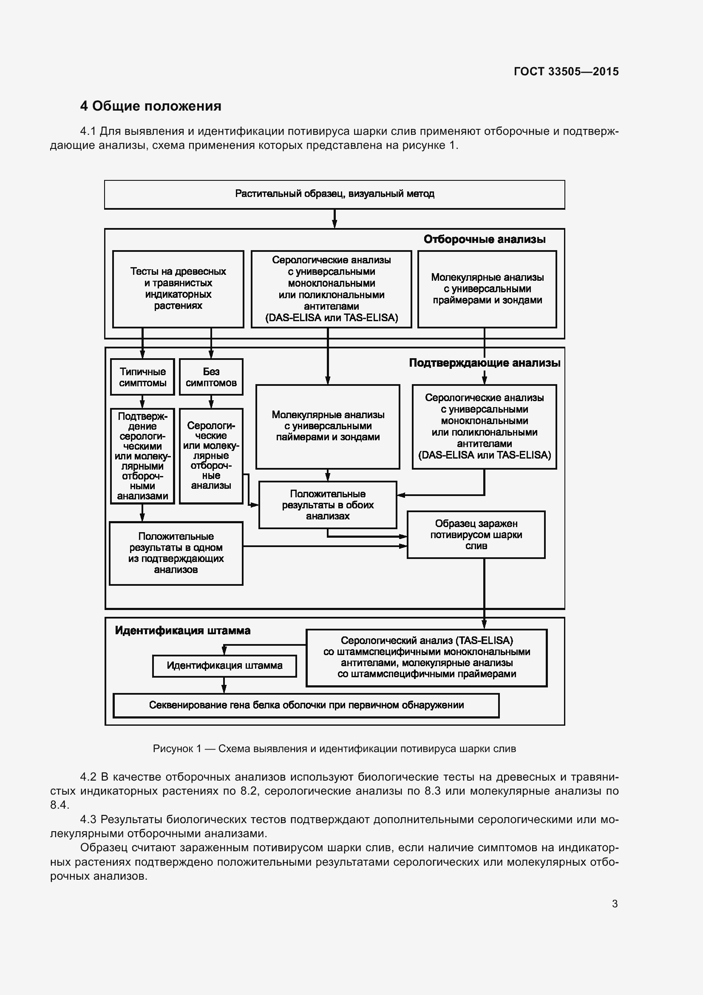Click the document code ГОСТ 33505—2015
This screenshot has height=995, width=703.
coord(566,71)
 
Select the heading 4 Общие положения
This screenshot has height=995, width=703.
coord(150,106)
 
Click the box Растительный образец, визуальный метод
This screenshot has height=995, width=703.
coord(334,194)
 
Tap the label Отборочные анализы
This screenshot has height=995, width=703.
coord(484,239)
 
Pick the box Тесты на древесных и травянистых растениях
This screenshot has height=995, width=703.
coord(178,288)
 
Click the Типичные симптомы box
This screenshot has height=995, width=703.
coord(142,377)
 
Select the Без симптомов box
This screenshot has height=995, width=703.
coord(211,377)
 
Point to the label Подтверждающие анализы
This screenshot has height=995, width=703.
coord(484,363)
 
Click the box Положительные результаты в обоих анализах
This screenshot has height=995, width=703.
coord(328,505)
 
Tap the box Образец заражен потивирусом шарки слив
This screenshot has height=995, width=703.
coord(476,535)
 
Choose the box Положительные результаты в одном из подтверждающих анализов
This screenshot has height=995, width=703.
coord(176,553)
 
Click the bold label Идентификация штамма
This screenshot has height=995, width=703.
coord(182,630)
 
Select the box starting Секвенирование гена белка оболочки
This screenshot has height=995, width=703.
coord(306,705)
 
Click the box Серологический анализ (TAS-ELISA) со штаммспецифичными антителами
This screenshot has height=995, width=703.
coord(426,657)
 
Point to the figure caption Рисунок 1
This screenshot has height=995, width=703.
coord(334,748)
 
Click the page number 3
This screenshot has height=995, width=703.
coord(614,904)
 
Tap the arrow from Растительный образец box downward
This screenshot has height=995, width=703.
coord(334,219)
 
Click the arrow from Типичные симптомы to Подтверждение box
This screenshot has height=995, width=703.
coord(142,401)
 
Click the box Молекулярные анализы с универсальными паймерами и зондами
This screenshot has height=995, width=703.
coord(328,426)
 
